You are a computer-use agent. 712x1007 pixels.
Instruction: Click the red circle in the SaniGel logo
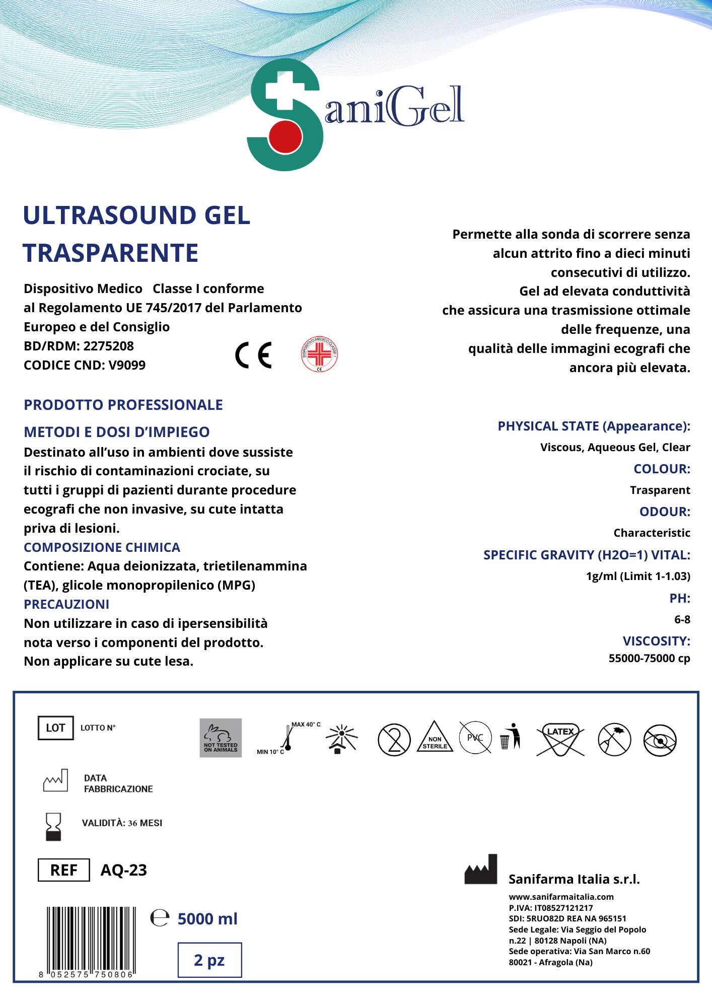[285, 136]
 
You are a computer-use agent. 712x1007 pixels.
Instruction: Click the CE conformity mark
[254, 355]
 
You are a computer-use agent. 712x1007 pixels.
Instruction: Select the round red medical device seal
[319, 354]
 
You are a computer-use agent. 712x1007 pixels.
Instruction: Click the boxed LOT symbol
[55, 728]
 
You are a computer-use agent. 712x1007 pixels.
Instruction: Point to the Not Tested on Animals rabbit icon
[221, 738]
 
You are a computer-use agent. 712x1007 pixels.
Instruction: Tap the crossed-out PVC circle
[475, 738]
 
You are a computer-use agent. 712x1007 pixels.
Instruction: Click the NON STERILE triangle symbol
[435, 738]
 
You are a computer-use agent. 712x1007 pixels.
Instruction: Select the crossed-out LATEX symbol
[560, 740]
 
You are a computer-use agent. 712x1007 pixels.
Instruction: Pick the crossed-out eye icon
[660, 740]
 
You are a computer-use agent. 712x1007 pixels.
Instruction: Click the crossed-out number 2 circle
[394, 740]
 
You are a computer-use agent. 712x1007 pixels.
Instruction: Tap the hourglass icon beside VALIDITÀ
[53, 826]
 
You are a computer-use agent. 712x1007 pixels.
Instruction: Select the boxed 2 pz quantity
[209, 960]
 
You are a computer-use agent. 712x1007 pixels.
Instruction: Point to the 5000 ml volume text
[207, 919]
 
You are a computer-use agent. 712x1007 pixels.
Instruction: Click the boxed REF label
[64, 870]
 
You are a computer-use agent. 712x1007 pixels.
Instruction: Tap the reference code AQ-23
[124, 870]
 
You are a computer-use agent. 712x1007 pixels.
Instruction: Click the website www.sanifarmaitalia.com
[561, 897]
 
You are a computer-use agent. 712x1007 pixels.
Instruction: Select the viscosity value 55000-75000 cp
[649, 658]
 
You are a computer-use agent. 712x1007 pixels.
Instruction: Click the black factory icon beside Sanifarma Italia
[481, 870]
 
